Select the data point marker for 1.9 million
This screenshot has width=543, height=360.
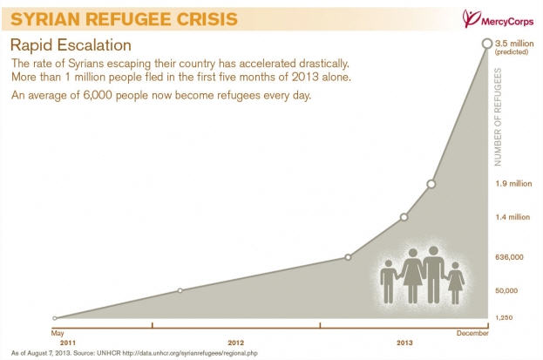[431, 184]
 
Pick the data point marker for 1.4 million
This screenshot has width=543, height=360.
[404, 217]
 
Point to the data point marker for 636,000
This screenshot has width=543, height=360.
[348, 257]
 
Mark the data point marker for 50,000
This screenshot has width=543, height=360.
[180, 290]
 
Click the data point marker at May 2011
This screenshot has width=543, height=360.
[55, 319]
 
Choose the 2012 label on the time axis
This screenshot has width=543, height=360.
[235, 343]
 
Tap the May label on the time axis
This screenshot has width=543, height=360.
[58, 334]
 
